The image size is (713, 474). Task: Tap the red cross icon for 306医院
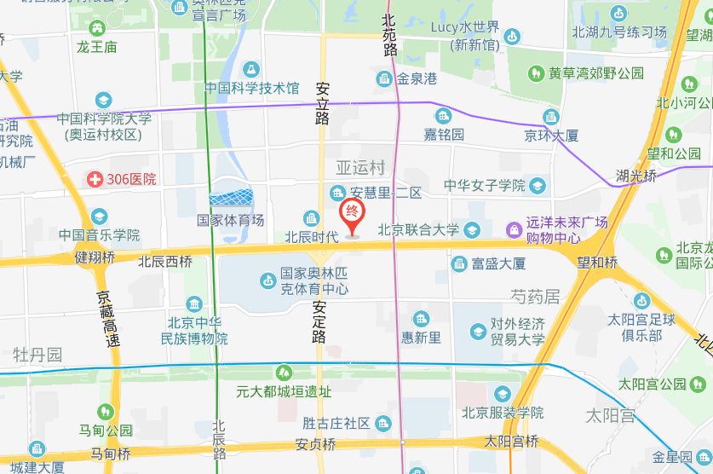click(x=95, y=180)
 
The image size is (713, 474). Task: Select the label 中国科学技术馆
click(x=251, y=88)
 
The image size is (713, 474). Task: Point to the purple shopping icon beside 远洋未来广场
click(x=514, y=229)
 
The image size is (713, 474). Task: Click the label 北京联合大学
click(x=418, y=229)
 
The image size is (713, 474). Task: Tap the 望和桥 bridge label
click(x=596, y=263)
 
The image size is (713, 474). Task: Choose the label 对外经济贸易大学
click(x=517, y=332)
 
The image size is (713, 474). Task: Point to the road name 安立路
click(x=322, y=103)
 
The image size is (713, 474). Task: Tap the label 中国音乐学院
click(x=100, y=234)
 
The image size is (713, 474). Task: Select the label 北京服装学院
click(x=503, y=413)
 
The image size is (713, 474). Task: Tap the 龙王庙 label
click(x=96, y=47)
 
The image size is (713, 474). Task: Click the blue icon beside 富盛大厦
click(x=459, y=263)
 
